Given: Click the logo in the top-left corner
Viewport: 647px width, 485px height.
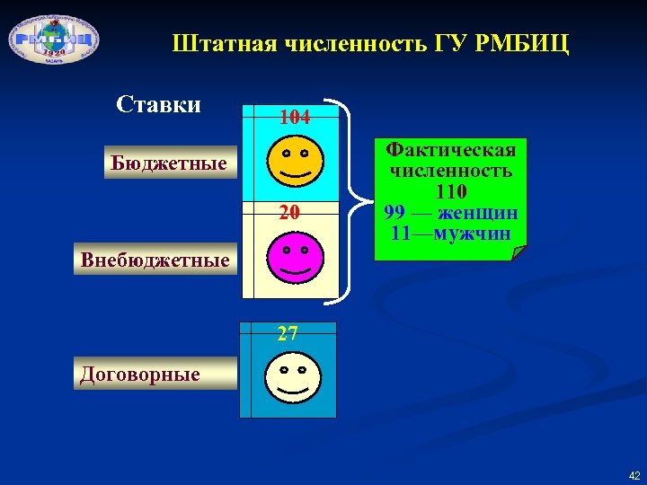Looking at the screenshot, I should [53, 40].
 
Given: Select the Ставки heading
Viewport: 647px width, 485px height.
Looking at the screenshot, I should [159, 105].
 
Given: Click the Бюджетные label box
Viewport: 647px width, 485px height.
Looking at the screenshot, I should [168, 163].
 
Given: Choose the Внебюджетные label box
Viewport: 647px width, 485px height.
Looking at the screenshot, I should [155, 261].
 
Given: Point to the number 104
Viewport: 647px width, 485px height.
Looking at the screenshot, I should [295, 118].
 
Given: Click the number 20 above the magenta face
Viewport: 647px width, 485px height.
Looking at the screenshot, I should [288, 213].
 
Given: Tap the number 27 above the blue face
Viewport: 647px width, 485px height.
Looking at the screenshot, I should [288, 335].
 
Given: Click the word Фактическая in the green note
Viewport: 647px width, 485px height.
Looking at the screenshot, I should [450, 150].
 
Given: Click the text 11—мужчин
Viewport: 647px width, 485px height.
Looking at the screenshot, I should [450, 234].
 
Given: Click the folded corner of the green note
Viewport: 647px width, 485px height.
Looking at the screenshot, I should [519, 252].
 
